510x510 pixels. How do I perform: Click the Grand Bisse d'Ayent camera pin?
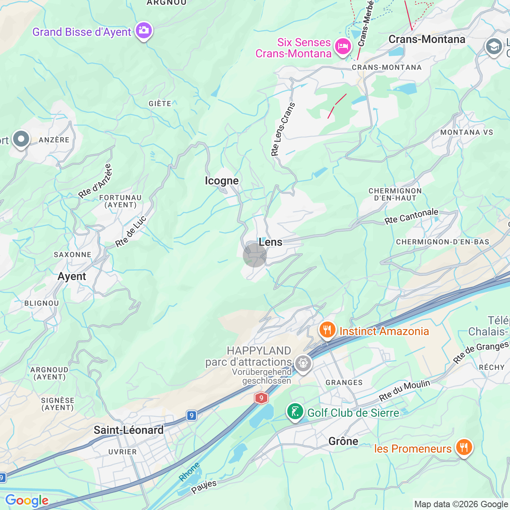pyautogui.click(x=143, y=30)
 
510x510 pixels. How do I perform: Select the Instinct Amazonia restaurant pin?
pyautogui.click(x=327, y=330)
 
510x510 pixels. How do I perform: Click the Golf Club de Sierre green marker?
pyautogui.click(x=295, y=412)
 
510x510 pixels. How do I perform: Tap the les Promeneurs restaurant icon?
pyautogui.click(x=464, y=447)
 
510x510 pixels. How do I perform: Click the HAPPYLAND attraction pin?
pyautogui.click(x=303, y=363)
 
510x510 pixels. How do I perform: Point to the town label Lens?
pyautogui.click(x=271, y=242)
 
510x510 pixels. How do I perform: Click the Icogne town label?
pyautogui.click(x=222, y=181)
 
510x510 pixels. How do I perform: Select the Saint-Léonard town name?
pyautogui.click(x=128, y=430)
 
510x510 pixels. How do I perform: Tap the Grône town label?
pyautogui.click(x=343, y=441)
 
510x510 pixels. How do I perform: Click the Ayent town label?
pyautogui.click(x=72, y=277)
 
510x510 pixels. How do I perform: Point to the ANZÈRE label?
pyautogui.click(x=54, y=140)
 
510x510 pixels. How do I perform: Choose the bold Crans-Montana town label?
pyautogui.click(x=427, y=39)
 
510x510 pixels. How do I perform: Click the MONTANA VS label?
pyautogui.click(x=467, y=132)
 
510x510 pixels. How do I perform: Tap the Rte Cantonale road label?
pyautogui.click(x=411, y=216)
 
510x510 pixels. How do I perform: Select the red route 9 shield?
pyautogui.click(x=261, y=398)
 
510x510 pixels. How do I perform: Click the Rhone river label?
pyautogui.click(x=189, y=472)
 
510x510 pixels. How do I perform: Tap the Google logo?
pyautogui.click(x=27, y=500)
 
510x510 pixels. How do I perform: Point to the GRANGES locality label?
pyautogui.click(x=344, y=382)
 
